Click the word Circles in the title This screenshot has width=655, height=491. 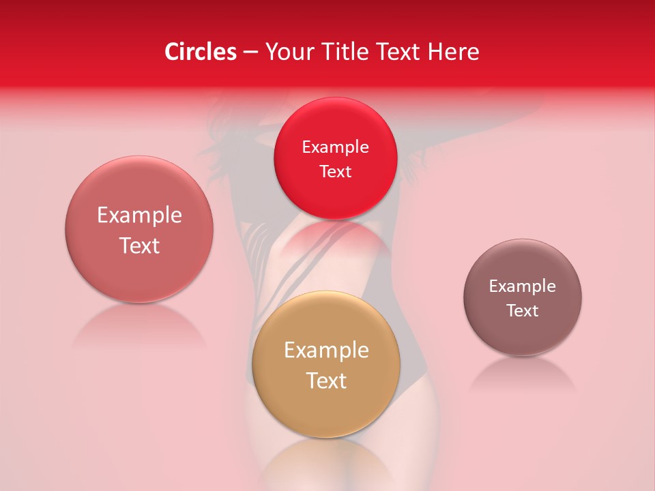tap(200, 52)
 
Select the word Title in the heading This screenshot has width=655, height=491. tap(347, 52)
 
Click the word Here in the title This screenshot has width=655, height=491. tap(454, 52)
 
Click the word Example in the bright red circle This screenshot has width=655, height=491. tap(335, 147)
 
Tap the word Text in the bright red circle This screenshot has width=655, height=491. tap(335, 172)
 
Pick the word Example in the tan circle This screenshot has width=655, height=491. tap(326, 351)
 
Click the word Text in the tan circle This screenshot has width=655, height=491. tap(326, 381)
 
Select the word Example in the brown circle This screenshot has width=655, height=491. tap(523, 286)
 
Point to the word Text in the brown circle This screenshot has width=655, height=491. tap(523, 311)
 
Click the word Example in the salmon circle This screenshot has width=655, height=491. tap(139, 215)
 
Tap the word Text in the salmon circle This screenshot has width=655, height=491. tap(139, 245)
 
